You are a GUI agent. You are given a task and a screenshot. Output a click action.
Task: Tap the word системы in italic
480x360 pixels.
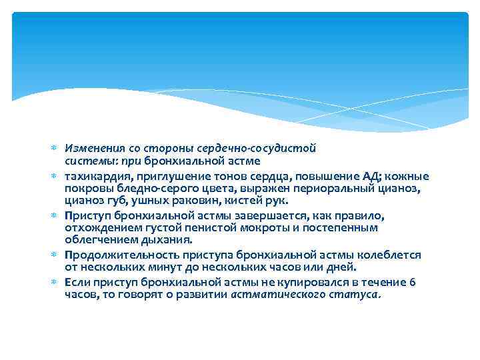point(83,161)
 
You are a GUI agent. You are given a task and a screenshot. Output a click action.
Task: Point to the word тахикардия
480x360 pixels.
point(92,177)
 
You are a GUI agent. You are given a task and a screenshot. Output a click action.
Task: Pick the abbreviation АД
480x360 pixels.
point(371,177)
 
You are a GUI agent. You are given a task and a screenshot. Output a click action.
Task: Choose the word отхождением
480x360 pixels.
point(95,228)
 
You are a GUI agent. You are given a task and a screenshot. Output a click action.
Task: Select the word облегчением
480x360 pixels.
point(94,239)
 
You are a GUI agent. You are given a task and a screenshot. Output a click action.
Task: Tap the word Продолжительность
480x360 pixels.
point(111,255)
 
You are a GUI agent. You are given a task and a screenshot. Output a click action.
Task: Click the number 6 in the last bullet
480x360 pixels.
point(413,283)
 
